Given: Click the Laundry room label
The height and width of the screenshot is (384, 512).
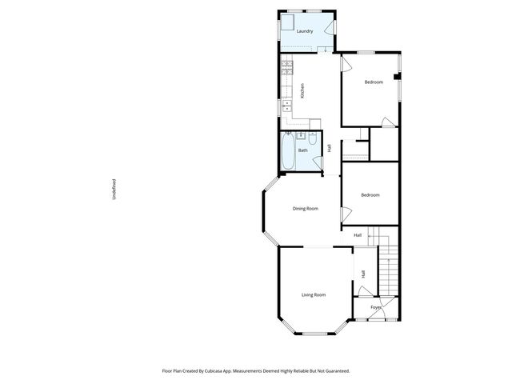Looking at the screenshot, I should pyautogui.click(x=304, y=32).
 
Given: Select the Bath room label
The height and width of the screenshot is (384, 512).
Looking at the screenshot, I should pyautogui.click(x=303, y=150).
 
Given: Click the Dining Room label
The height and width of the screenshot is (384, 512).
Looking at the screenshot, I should pyautogui.click(x=305, y=209).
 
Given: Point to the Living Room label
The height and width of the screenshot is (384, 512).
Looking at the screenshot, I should pyautogui.click(x=313, y=295).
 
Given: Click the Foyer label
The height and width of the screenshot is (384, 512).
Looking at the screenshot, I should pyautogui.click(x=375, y=307).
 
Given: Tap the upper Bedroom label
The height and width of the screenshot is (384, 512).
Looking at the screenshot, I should pyautogui.click(x=374, y=82).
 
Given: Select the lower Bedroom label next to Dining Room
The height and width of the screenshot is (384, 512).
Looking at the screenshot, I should pyautogui.click(x=370, y=195).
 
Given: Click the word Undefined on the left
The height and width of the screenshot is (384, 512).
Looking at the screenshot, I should pyautogui.click(x=114, y=189).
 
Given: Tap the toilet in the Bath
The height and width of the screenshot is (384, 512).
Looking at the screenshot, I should pyautogui.click(x=314, y=141).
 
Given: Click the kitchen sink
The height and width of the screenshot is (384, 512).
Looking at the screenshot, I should pyautogui.click(x=286, y=106).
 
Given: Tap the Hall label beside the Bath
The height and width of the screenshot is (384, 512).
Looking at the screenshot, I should pyautogui.click(x=329, y=147).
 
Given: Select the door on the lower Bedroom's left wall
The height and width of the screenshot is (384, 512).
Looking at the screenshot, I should pyautogui.click(x=346, y=214).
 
